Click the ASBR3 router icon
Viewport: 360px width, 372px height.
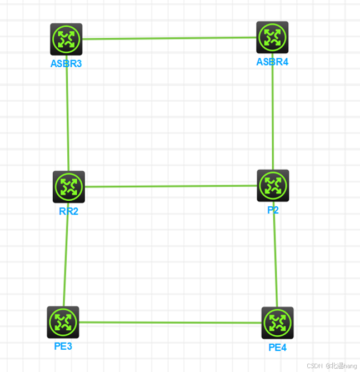[x=66, y=39]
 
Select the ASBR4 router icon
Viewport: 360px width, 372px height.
[x=272, y=37]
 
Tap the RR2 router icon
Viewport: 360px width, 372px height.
[x=69, y=187]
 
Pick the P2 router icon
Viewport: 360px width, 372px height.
[x=273, y=185]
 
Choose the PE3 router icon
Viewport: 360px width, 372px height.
[x=63, y=322]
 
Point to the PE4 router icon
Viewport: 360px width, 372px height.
[x=277, y=323]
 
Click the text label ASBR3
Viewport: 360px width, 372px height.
[x=66, y=63]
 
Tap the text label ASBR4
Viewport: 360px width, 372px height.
[x=272, y=62]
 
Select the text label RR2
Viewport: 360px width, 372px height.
[x=69, y=211]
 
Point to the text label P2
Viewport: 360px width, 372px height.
[x=272, y=210]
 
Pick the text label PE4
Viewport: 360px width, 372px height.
[x=277, y=348]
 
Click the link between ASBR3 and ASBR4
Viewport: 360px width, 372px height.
[x=169, y=38]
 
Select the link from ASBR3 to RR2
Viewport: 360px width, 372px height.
[x=67, y=117]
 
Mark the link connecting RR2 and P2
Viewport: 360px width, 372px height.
[x=171, y=186]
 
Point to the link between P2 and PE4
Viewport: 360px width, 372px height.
[x=276, y=261]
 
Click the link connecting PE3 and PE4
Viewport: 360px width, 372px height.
[x=170, y=323]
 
